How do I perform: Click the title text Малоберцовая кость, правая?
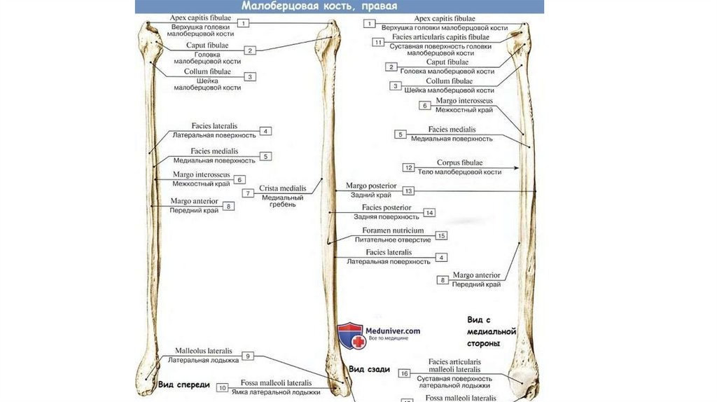319,6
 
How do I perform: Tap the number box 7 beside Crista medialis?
248,193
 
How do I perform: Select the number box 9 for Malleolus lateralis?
248,356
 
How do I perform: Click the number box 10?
222,387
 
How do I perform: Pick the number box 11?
379,42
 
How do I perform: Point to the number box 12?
409,167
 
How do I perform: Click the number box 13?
409,190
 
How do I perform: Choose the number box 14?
429,212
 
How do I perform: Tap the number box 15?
441,235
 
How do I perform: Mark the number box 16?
404,374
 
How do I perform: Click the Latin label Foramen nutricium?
393,230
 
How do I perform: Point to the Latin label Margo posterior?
371,186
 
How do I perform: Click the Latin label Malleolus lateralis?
204,351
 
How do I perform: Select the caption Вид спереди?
183,384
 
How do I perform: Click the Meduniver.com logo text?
393,331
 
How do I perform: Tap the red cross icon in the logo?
357,342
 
